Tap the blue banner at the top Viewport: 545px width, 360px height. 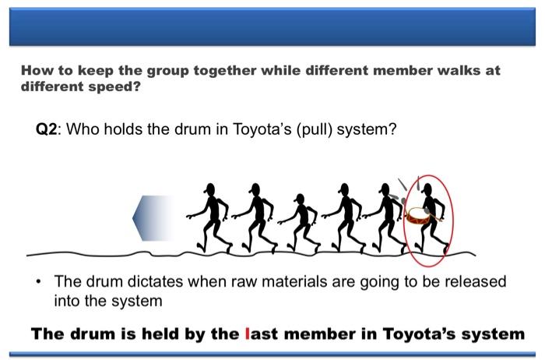click(x=272, y=26)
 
